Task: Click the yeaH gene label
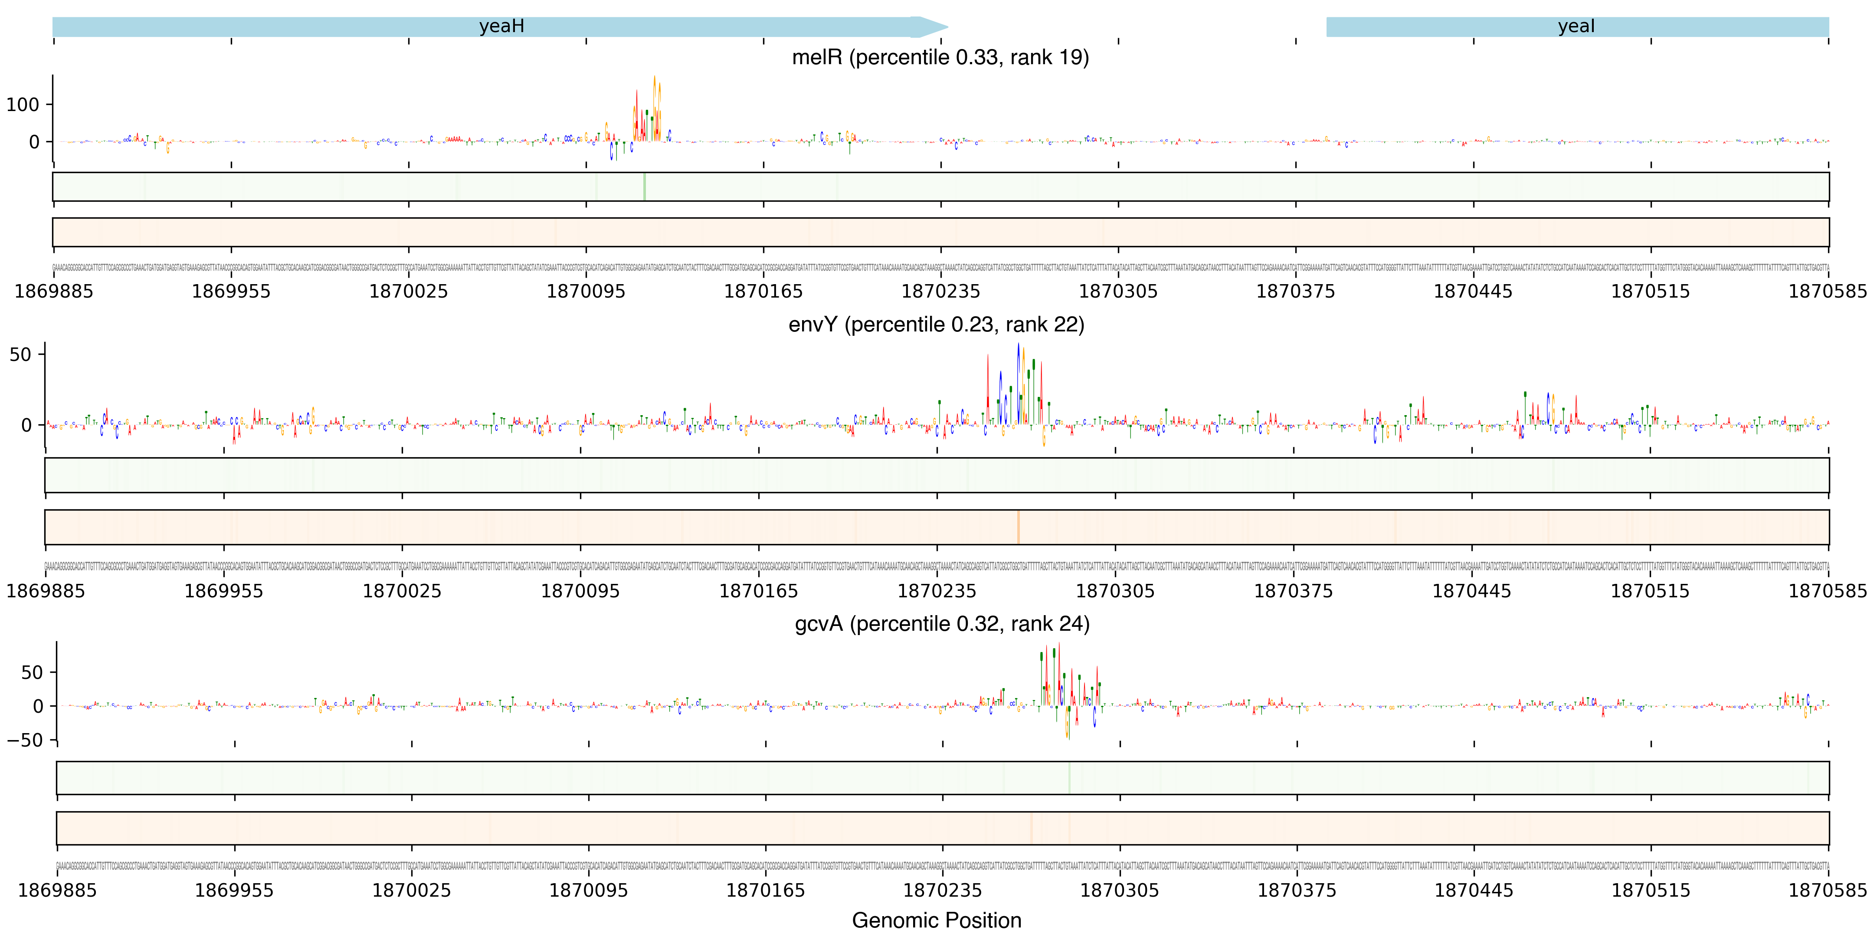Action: coord(501,26)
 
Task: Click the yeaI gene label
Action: coord(1576,26)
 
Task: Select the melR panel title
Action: coord(940,57)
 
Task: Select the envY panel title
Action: coord(936,324)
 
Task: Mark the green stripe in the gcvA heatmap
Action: coord(1069,778)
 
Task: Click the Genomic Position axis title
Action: coord(936,920)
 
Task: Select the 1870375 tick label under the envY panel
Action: coord(1294,591)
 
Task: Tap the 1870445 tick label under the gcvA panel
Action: coord(1474,891)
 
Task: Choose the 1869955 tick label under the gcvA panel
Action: coord(234,891)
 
